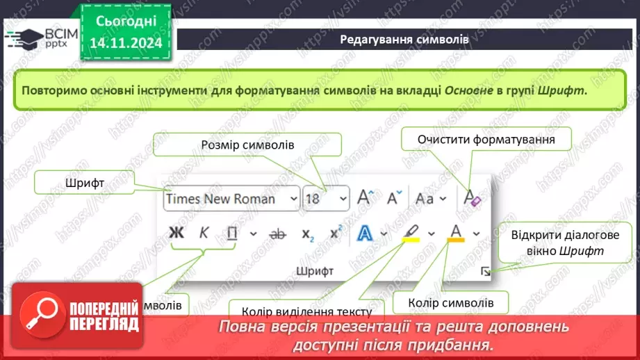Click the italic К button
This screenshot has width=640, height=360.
204,234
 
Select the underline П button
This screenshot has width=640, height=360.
232,234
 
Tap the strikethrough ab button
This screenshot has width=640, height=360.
277,234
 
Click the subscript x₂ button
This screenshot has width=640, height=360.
307,234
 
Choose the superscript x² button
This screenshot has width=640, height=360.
336,234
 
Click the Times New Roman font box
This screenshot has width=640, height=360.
231,199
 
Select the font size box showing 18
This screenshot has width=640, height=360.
326,199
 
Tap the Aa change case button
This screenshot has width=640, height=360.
425,199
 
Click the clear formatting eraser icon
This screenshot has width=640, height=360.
472,199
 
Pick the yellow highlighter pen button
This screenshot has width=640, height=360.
411,232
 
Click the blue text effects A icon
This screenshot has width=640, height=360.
365,234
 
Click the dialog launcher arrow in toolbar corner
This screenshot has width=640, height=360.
486,272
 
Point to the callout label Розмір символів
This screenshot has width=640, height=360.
247,145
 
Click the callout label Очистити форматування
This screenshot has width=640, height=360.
486,140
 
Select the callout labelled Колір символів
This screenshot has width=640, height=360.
451,303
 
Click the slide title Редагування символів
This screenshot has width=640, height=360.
404,40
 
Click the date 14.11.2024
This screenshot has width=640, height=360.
126,43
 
